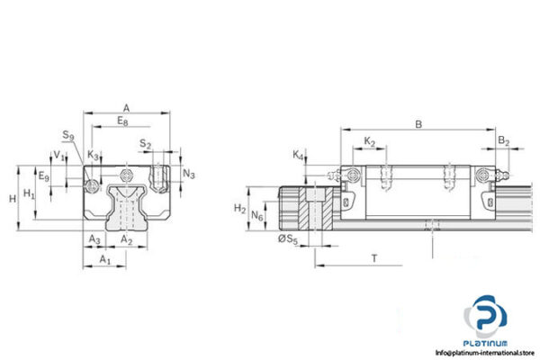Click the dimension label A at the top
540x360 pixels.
coord(126,104)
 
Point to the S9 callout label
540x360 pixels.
coord(67,136)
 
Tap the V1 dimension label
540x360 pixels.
coord(58,155)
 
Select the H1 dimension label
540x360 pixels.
coord(29,194)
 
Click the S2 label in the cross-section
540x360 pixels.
coord(145,144)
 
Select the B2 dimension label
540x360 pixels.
coord(504,141)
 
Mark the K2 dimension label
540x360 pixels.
coord(369,141)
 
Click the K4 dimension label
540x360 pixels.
coord(299,156)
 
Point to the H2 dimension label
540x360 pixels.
coord(239,209)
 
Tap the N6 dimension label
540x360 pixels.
coord(257,216)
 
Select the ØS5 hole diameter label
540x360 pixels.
coord(288,238)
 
